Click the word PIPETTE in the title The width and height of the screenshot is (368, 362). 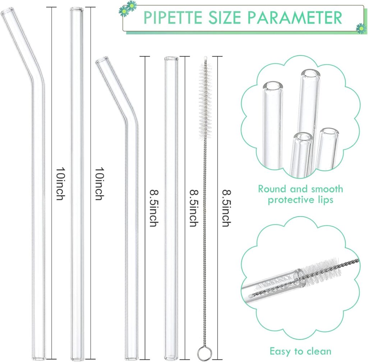coord(173,17)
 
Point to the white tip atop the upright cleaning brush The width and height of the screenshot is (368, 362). coord(205,58)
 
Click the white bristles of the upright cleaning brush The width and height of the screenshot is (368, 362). coord(205,101)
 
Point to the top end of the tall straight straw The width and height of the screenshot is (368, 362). coord(77,9)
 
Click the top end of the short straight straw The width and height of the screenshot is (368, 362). coord(171,58)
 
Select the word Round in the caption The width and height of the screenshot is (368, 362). coord(272,189)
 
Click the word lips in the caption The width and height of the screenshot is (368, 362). coord(325,200)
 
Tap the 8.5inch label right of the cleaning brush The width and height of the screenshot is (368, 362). coord(227,208)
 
